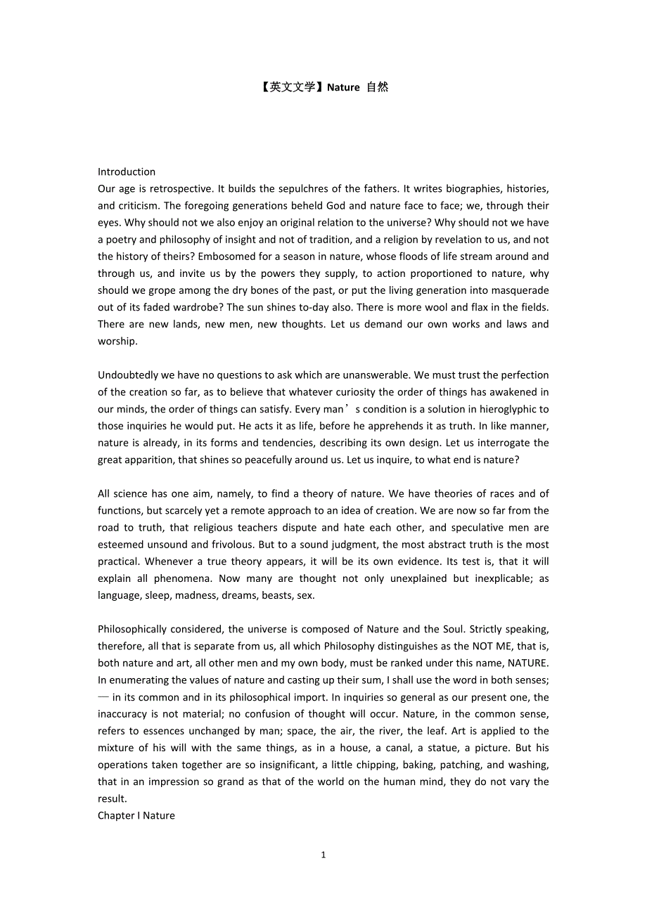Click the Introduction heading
click(x=127, y=171)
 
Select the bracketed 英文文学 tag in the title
click(x=290, y=87)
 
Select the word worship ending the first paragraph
click(x=117, y=341)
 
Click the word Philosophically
click(x=132, y=629)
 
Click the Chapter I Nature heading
click(x=136, y=815)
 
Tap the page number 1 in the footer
click(x=323, y=855)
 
